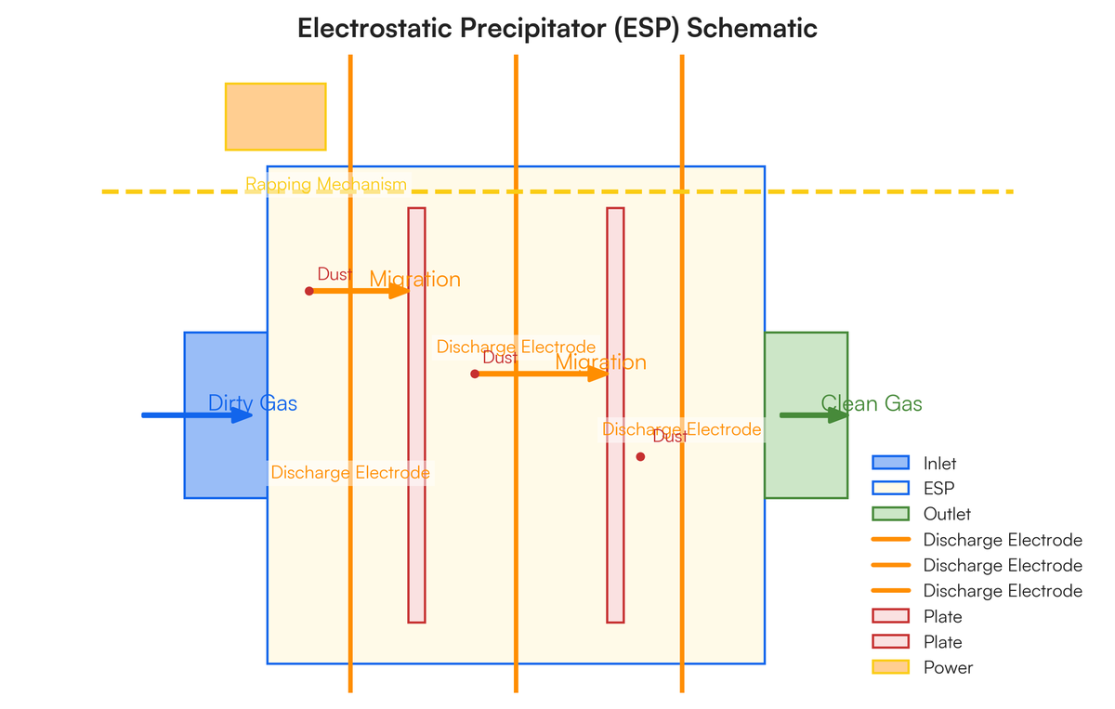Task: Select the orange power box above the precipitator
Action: pyautogui.click(x=275, y=116)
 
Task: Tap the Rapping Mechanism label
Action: pyautogui.click(x=326, y=185)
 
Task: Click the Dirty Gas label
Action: pyautogui.click(x=253, y=403)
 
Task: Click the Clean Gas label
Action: pyautogui.click(x=872, y=403)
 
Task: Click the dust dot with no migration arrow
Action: pyautogui.click(x=640, y=456)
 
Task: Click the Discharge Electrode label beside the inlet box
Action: pyautogui.click(x=350, y=473)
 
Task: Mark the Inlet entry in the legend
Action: pyautogui.click(x=939, y=463)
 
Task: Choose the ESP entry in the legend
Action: pyautogui.click(x=938, y=488)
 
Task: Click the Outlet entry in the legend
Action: pyautogui.click(x=947, y=514)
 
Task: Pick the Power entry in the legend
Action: pyautogui.click(x=948, y=667)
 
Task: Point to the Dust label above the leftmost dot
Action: pyautogui.click(x=334, y=274)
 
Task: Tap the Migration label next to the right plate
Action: pyautogui.click(x=600, y=362)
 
